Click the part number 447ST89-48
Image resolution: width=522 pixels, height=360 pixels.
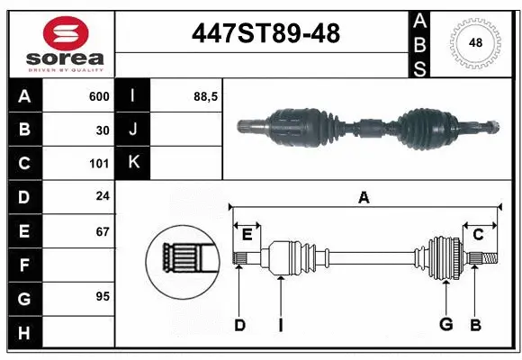click(x=266, y=33)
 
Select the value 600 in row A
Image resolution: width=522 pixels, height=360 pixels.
click(x=99, y=96)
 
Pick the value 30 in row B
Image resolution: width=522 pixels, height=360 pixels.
click(x=103, y=130)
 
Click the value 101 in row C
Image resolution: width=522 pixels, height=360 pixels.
click(x=99, y=164)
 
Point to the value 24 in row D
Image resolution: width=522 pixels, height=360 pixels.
click(x=103, y=197)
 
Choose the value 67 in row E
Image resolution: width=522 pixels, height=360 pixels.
click(x=103, y=231)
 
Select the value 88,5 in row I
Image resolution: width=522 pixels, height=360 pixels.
click(x=206, y=96)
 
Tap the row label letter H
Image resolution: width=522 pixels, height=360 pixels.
click(x=23, y=332)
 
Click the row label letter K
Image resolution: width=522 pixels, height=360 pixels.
click(x=133, y=164)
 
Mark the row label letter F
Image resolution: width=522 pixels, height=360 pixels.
click(x=23, y=265)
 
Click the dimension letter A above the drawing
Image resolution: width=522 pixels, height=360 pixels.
click(x=364, y=198)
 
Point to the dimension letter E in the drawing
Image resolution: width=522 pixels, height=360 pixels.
click(x=247, y=235)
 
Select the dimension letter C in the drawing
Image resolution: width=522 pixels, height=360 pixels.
click(x=479, y=235)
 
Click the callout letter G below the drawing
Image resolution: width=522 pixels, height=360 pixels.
click(x=445, y=325)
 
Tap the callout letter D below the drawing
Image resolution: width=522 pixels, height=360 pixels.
click(x=239, y=325)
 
